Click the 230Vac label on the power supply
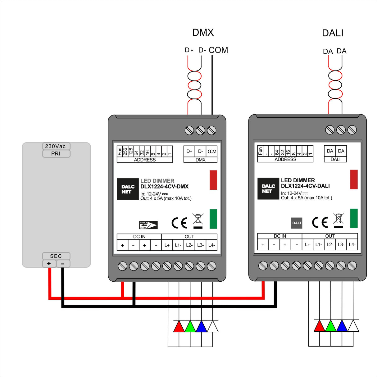tap(56, 146)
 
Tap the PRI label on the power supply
tap(56, 154)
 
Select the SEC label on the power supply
tap(56, 256)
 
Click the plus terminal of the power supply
tap(49, 264)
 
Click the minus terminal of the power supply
tap(63, 264)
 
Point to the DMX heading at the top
tap(203, 33)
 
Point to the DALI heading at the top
tap(333, 33)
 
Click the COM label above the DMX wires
tap(218, 50)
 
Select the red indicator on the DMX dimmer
tap(213, 180)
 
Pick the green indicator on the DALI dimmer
tap(354, 218)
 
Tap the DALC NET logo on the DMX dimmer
tap(128, 189)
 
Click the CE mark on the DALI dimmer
tap(320, 222)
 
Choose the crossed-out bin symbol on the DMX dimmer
tap(198, 220)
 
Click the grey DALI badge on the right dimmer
tap(297, 223)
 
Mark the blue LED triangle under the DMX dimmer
tap(201, 326)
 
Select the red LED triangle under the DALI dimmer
tap(320, 326)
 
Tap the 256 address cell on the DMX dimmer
tap(125, 151)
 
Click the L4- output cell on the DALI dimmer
tap(352, 245)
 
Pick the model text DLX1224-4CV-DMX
tap(164, 187)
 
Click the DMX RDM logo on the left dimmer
tap(148, 225)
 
